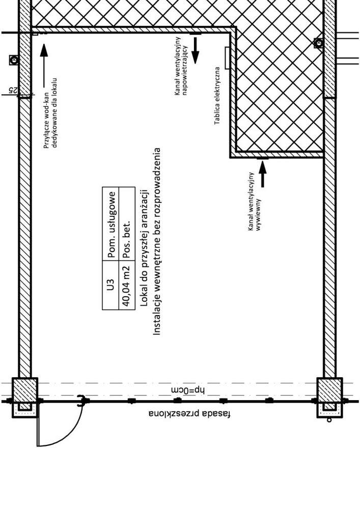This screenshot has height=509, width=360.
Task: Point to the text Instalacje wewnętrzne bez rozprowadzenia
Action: point(157,241)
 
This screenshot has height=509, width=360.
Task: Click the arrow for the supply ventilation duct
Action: point(196,48)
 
